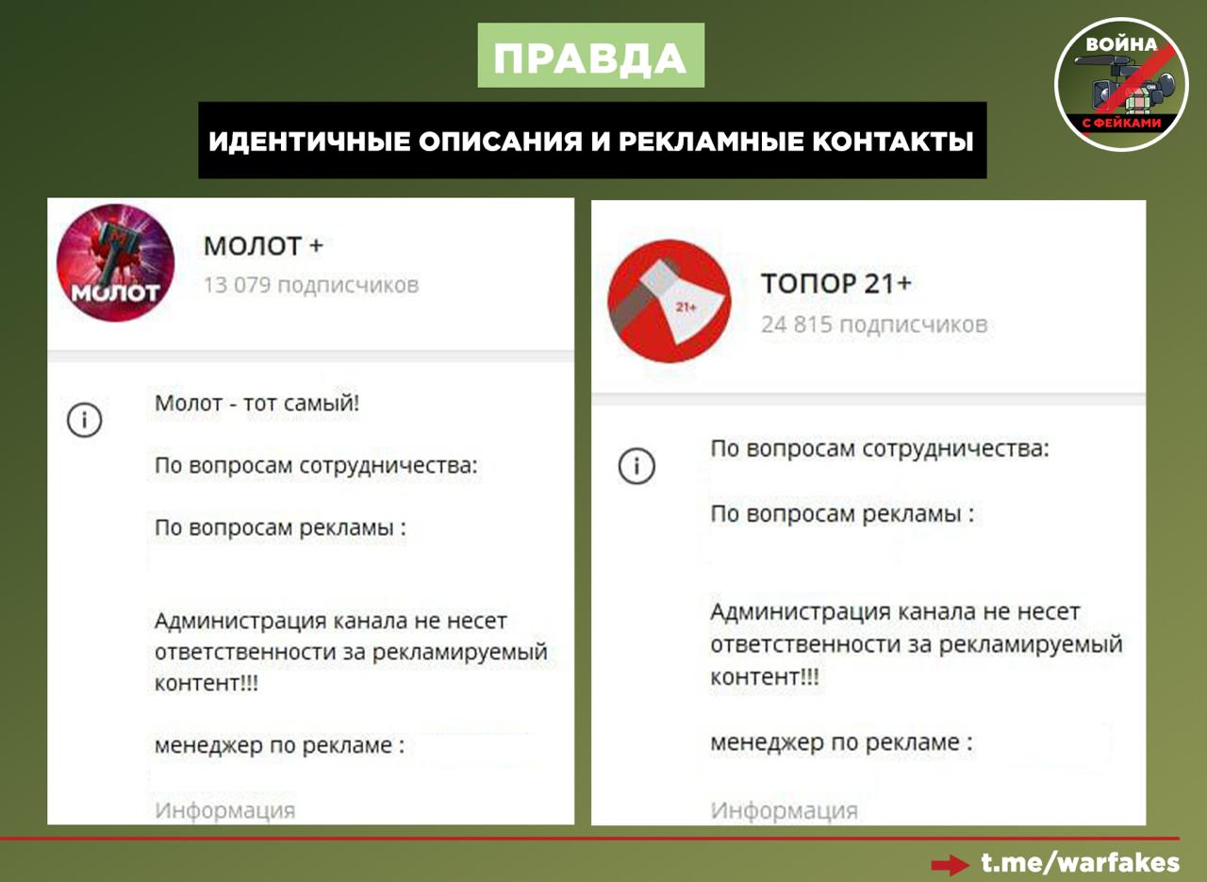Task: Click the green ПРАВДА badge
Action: [590, 55]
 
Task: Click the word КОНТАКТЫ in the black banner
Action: [893, 141]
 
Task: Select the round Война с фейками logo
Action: [1121, 85]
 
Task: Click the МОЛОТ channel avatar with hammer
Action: [115, 262]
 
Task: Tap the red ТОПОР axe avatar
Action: [670, 301]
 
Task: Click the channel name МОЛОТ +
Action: [263, 246]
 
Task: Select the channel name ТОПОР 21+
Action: [835, 283]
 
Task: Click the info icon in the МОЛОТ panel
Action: [84, 420]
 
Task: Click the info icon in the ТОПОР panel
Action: [637, 466]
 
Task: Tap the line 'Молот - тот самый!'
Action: [257, 403]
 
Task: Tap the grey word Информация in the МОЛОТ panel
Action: [225, 810]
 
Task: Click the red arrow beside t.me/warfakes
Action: [951, 865]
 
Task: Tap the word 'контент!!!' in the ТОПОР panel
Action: [765, 676]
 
